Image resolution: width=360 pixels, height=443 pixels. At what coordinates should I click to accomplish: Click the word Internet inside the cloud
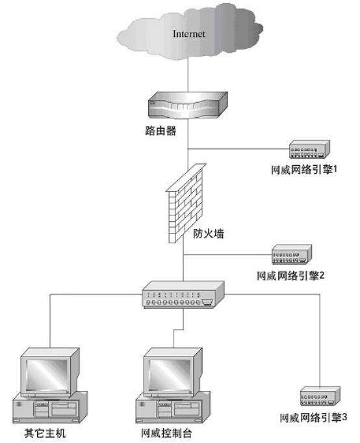tap(188, 34)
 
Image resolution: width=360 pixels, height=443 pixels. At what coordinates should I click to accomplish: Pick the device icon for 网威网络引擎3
tap(318, 397)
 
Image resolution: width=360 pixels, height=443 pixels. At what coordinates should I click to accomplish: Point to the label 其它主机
tap(45, 432)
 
